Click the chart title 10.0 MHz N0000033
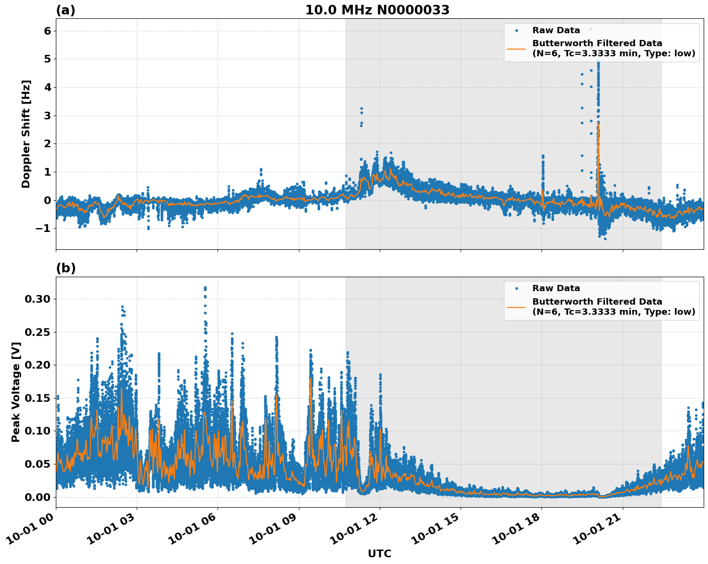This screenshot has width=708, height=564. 377,10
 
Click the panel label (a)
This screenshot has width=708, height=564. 65,10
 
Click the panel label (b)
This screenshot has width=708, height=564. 65,268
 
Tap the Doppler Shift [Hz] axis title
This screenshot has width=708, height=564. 26,134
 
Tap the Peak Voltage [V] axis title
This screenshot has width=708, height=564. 16,392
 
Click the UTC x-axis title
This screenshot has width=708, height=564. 379,553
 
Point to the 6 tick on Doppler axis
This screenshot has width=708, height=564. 47,31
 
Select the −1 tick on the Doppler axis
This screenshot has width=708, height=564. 43,229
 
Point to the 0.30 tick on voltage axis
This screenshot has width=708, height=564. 38,299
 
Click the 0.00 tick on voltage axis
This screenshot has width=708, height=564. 38,497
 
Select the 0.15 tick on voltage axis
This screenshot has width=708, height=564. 38,398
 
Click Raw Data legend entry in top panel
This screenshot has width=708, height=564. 556,30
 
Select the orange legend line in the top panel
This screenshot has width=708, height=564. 516,48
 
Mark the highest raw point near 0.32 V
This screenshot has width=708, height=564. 205,288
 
